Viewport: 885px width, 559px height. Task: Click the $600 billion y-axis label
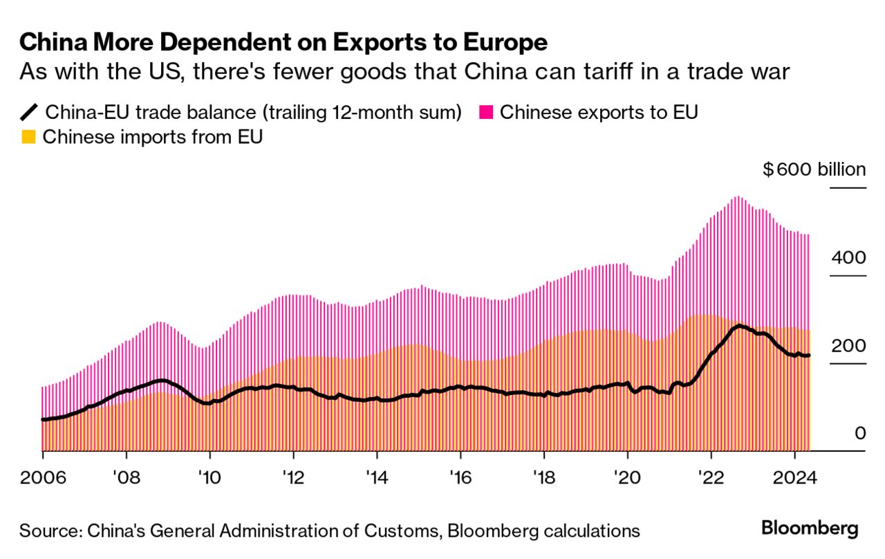click(814, 169)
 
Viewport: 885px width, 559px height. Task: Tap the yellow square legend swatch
click(28, 137)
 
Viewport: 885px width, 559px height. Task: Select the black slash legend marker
click(30, 112)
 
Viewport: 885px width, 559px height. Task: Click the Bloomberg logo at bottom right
click(810, 529)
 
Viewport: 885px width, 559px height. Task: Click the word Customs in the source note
click(391, 531)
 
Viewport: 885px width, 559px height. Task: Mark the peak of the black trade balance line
click(739, 325)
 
